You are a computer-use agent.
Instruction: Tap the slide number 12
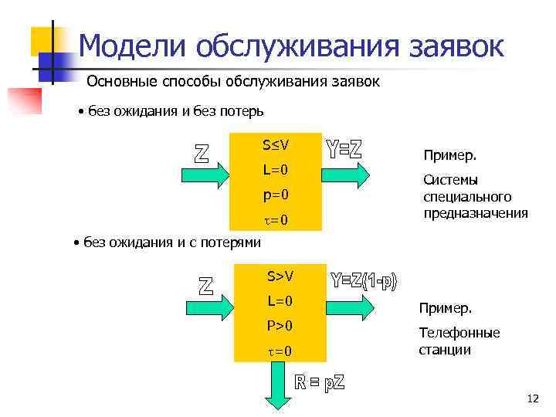click(532, 398)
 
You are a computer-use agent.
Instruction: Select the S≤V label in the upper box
click(275, 144)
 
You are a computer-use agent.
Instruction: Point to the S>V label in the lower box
click(280, 276)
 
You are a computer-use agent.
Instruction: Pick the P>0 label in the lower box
click(280, 326)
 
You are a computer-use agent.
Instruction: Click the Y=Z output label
click(344, 149)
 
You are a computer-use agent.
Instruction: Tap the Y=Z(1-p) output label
click(364, 281)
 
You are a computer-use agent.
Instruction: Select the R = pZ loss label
click(320, 381)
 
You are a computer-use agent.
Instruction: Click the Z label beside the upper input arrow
click(201, 152)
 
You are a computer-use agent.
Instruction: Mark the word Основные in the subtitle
click(123, 82)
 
